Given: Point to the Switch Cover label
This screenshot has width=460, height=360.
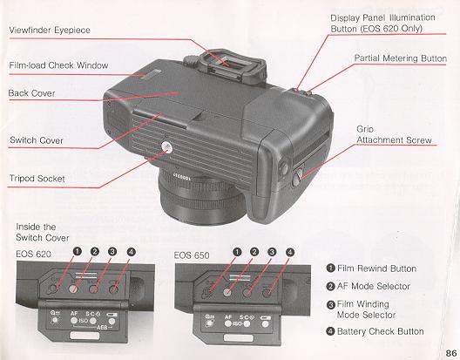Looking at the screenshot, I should point(36,139).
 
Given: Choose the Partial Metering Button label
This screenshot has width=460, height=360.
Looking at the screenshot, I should point(401,58).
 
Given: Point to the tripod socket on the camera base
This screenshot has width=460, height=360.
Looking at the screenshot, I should point(166,149).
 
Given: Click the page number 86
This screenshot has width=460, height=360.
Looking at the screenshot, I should point(450,352).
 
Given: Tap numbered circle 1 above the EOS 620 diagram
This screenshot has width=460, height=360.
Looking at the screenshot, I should point(78,253).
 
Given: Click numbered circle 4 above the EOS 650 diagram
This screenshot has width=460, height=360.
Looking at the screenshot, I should point(290,253).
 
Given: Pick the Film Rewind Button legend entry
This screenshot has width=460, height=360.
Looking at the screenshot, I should point(377,268).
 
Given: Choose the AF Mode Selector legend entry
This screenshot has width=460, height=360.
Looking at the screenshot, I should point(376,286).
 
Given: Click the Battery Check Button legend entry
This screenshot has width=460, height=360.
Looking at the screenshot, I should point(381,331).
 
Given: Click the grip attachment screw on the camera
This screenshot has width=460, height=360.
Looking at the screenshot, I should point(299,175).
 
